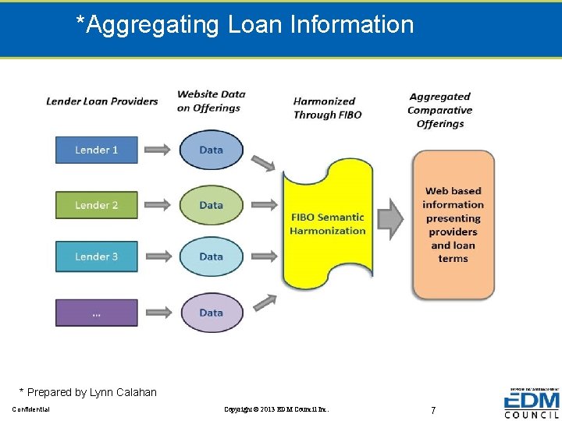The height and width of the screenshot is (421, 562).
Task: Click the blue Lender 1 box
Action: coord(96,150)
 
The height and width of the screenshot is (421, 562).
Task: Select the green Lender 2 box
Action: coord(96,205)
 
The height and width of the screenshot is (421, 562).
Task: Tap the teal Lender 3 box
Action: coord(96,256)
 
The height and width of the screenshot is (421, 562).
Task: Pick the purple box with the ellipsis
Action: coord(96,313)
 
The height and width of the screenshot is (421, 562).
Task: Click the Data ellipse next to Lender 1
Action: coord(211,150)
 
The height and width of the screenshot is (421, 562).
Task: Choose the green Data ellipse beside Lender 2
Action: coord(211,205)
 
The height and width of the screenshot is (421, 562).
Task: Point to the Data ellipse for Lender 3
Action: coord(211,256)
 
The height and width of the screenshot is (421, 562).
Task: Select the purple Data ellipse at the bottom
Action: coord(211,313)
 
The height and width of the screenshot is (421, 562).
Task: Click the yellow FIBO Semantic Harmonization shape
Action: coord(327,224)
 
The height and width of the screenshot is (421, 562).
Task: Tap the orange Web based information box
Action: coord(453,225)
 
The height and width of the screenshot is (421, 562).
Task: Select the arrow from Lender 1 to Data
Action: coord(158,150)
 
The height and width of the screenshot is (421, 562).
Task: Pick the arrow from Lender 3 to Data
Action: coord(158,256)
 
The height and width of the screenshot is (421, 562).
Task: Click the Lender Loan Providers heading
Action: coord(101,101)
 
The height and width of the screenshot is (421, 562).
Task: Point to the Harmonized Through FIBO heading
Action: coord(327,108)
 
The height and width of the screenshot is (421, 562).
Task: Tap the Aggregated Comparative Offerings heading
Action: coord(440,110)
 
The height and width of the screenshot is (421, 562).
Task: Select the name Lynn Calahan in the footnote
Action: coord(125,392)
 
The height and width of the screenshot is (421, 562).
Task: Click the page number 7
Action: coord(433,409)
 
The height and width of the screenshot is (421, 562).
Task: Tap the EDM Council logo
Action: coord(532,404)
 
